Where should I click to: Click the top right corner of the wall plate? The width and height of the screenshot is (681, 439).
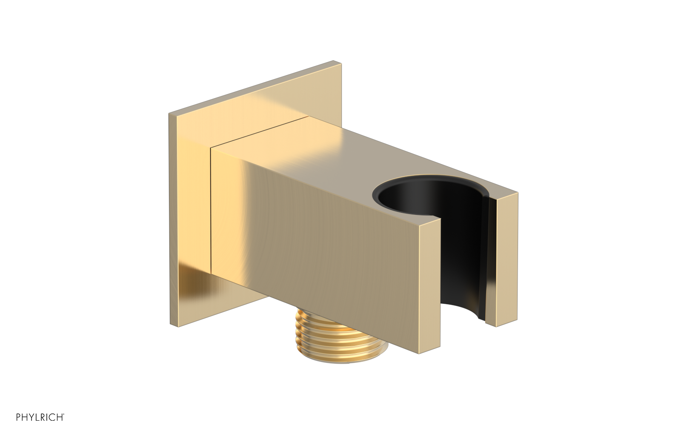(x=341, y=64)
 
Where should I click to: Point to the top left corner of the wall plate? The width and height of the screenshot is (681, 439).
(x=169, y=113)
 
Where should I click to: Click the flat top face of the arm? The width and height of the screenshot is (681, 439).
(x=340, y=153)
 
